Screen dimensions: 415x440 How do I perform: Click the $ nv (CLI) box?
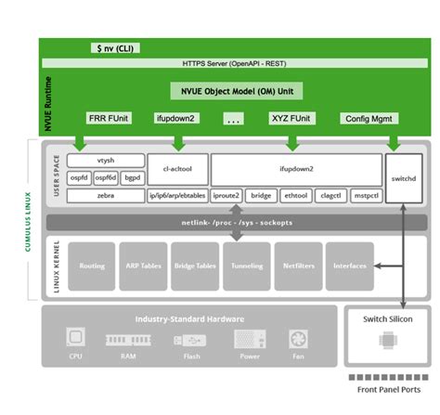[111, 46]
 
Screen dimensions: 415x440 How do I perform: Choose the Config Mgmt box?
[369, 119]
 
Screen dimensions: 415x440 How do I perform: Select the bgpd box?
[134, 177]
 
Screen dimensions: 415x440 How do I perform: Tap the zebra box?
[106, 196]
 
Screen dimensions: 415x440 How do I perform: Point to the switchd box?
[403, 177]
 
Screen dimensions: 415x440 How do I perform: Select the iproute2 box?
[226, 196]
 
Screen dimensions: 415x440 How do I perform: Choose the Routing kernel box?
[92, 266]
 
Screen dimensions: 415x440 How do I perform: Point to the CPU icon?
[75, 338]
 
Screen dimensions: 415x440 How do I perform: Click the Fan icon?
[298, 338]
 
